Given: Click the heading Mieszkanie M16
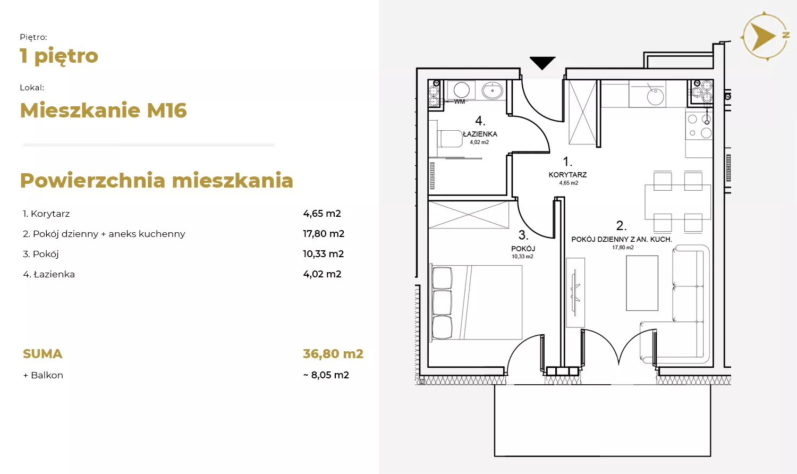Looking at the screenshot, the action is click(103, 110).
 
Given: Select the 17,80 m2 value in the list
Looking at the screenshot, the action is click(324, 234).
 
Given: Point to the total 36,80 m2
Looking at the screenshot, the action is click(333, 354).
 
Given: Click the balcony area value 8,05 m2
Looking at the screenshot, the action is click(330, 375).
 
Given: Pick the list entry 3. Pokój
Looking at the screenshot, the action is click(40, 254).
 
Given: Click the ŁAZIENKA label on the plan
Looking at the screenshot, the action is click(480, 134).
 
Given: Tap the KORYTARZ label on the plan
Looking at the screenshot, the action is click(567, 175).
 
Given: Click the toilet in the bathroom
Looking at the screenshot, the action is click(450, 139).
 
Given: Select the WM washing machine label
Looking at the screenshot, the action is click(460, 102).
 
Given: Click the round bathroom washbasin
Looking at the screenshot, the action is click(493, 90).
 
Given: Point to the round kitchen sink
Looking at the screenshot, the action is click(655, 96).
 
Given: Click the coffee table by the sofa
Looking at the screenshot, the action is click(642, 283).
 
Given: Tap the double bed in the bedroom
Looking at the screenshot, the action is click(477, 302).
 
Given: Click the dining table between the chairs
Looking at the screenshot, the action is click(678, 202).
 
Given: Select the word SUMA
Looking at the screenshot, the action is click(43, 354).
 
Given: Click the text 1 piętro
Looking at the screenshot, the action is click(58, 56).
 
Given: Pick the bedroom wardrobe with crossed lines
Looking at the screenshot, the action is click(469, 215).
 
